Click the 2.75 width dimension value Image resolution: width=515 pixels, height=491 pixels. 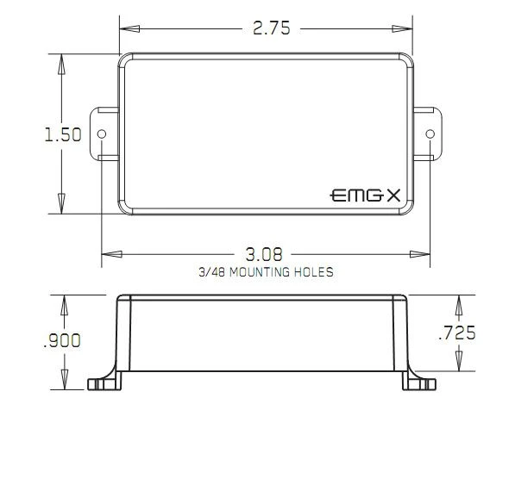pyautogui.click(x=272, y=28)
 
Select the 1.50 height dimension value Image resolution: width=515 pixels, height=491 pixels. pyautogui.click(x=63, y=134)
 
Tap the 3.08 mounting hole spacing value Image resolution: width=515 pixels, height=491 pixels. pyautogui.click(x=264, y=254)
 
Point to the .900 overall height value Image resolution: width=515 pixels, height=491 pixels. pyautogui.click(x=62, y=340)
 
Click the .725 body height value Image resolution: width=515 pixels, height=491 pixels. pyautogui.click(x=457, y=333)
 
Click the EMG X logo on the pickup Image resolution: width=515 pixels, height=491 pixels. pyautogui.click(x=365, y=196)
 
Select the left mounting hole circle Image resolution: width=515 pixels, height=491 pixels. pyautogui.click(x=102, y=134)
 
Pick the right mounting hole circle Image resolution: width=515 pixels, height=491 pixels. pyautogui.click(x=430, y=134)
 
